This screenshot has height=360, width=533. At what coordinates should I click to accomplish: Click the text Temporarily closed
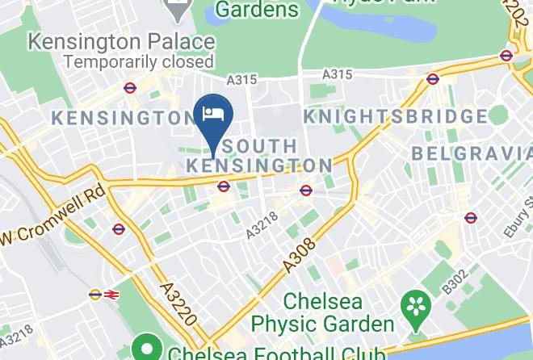(139, 61)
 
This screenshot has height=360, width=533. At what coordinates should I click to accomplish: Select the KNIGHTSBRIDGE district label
(396, 117)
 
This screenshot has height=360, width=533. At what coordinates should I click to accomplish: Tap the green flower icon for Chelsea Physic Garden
(418, 305)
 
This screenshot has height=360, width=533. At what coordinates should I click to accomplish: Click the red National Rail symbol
(110, 295)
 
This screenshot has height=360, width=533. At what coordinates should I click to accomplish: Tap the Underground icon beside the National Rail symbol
(94, 295)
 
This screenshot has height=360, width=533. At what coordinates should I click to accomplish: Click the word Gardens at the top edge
(256, 10)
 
